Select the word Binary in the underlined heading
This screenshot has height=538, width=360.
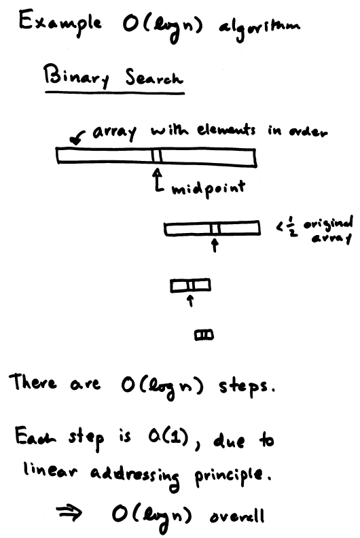click(x=77, y=76)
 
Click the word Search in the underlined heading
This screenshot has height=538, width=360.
click(x=154, y=77)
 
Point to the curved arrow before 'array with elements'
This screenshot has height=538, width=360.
click(x=77, y=137)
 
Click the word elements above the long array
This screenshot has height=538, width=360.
click(x=226, y=130)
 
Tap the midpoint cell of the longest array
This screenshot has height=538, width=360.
click(x=156, y=156)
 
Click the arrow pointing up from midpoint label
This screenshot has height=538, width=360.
click(x=158, y=179)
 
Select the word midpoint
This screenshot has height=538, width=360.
click(x=209, y=188)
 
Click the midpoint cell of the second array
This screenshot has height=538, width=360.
click(x=215, y=229)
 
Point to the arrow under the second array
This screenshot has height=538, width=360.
click(x=215, y=245)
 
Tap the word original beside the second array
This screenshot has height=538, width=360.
click(x=329, y=223)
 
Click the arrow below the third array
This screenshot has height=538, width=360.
click(x=191, y=300)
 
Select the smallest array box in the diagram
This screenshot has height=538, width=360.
click(x=204, y=335)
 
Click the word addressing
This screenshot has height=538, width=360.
click(x=135, y=476)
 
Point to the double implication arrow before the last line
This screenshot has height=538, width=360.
click(x=69, y=513)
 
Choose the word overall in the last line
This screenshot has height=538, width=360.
click(x=237, y=516)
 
